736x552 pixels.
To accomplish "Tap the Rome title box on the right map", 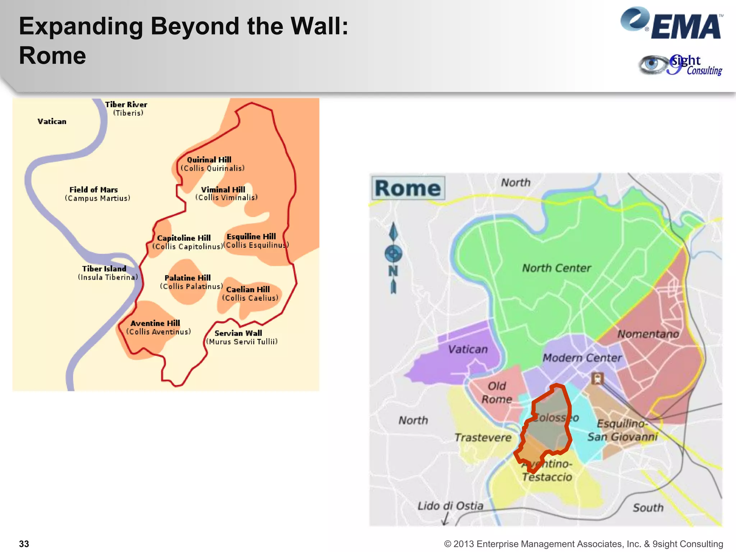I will click(x=408, y=188).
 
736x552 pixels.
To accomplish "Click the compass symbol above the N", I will click(x=393, y=254).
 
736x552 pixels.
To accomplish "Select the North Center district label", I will click(x=556, y=268).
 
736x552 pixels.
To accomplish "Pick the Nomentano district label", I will click(x=648, y=334).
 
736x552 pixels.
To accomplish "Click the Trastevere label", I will click(x=483, y=437).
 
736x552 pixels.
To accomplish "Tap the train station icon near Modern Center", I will click(x=597, y=378).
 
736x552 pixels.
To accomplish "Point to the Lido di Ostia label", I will click(x=450, y=506).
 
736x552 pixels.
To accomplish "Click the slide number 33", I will click(x=24, y=544).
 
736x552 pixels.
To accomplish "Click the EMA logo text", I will click(x=685, y=27).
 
